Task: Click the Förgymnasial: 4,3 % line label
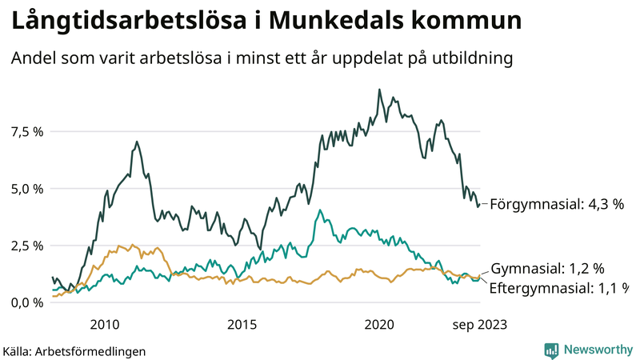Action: click(x=556, y=204)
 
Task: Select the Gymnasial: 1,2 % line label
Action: click(x=546, y=269)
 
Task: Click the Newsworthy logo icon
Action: click(x=551, y=350)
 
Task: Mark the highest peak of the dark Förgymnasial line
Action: click(x=379, y=90)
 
